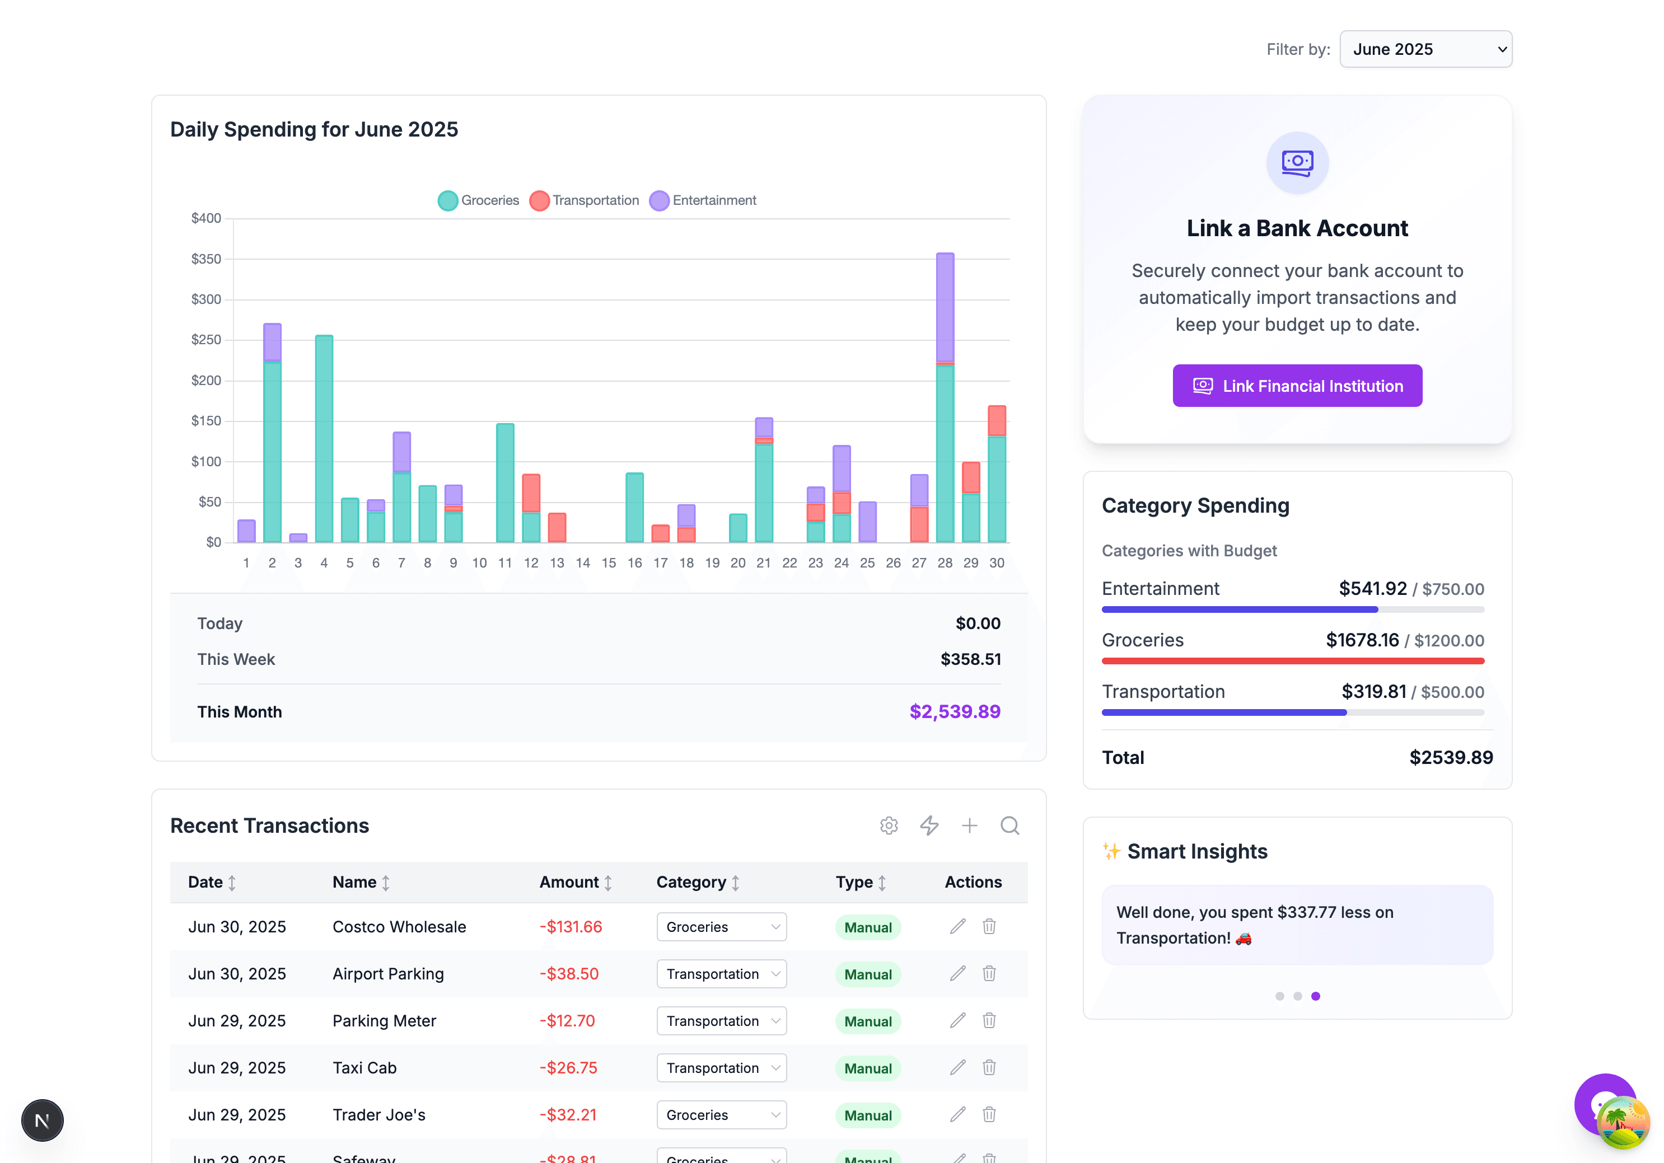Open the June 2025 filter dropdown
coord(1425,49)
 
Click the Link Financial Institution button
coord(1297,386)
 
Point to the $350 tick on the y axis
coord(206,259)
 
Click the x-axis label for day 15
coord(608,563)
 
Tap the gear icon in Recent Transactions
coord(889,826)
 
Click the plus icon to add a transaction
coord(969,826)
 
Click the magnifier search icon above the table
coord(1009,826)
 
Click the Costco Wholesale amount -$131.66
coord(571,927)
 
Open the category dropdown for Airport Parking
coord(721,974)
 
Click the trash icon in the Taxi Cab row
coord(989,1067)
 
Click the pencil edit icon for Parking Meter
coord(957,1020)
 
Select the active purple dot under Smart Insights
coord(1315,996)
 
